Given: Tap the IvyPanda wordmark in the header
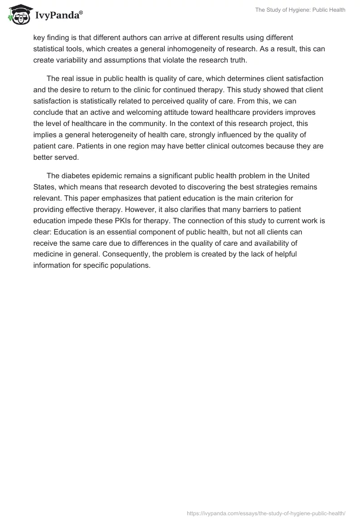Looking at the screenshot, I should coord(59,15).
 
